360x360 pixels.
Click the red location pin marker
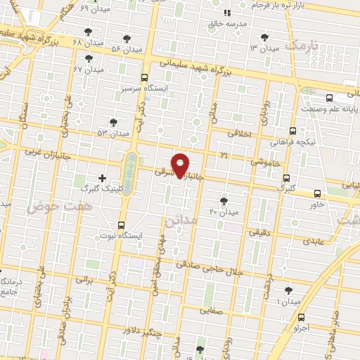(181, 164)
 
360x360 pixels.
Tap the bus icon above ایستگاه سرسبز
(145, 77)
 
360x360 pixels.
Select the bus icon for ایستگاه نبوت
(122, 226)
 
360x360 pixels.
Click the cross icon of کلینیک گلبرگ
(103, 179)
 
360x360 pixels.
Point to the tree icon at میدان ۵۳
(113, 122)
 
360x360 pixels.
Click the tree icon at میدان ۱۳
(264, 37)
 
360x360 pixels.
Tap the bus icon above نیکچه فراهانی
(292, 131)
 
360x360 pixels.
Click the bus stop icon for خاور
(318, 193)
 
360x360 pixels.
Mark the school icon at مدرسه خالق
(226, 13)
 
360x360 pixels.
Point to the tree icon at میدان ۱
(288, 290)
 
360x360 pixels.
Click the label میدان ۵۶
(127, 49)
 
